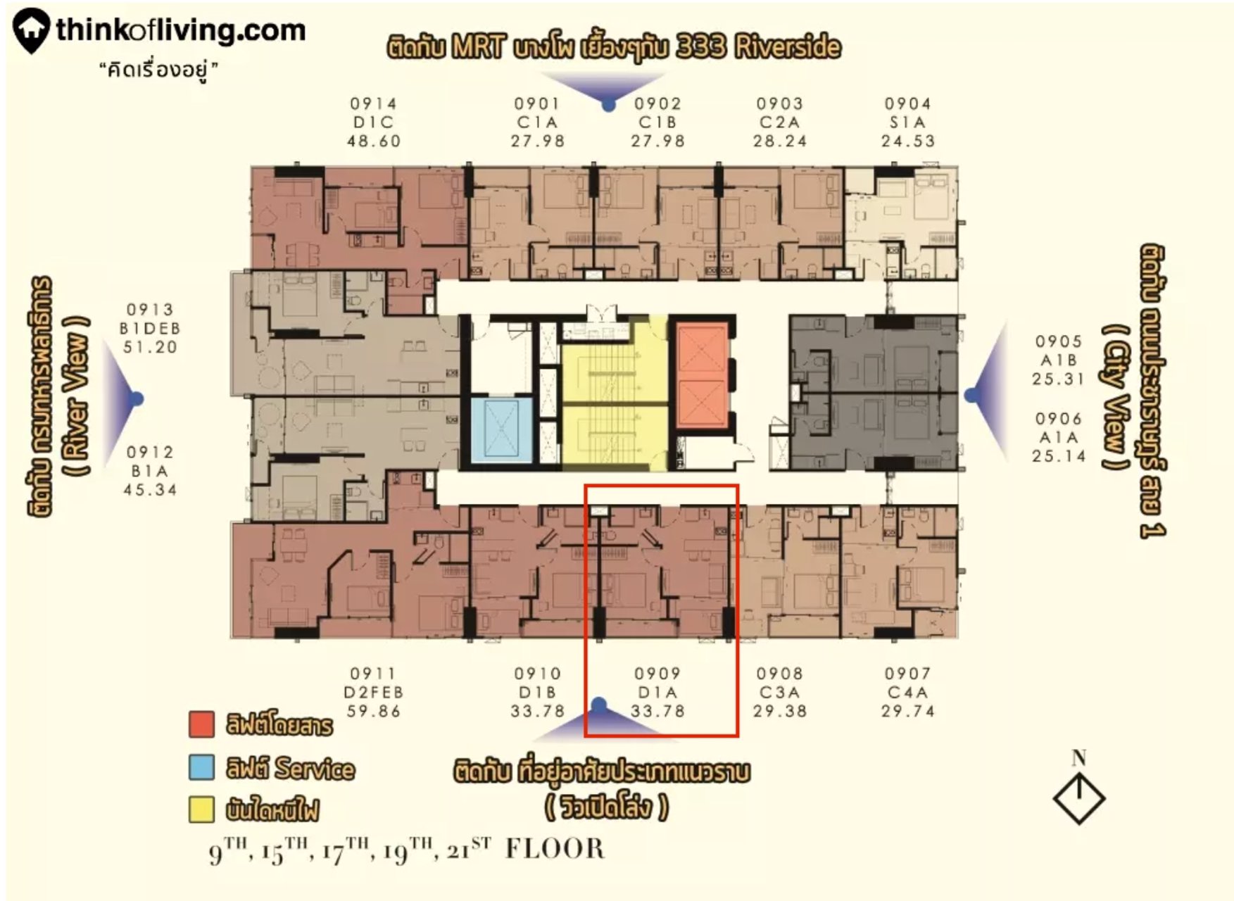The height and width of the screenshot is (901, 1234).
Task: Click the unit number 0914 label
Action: coord(373,104)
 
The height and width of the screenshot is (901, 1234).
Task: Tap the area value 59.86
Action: coord(373,712)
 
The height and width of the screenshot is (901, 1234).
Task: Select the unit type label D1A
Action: coord(657,693)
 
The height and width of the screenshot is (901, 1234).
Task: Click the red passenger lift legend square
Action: coord(201,724)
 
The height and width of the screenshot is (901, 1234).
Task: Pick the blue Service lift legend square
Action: coord(201,767)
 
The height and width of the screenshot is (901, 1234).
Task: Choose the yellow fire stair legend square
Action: coord(201,809)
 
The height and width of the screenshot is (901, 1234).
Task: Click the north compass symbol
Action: coord(1078,798)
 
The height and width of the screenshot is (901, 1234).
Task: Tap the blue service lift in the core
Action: coord(500,430)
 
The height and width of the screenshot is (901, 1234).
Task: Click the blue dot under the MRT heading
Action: coord(609,106)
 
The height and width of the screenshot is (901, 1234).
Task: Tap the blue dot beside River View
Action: coord(137,399)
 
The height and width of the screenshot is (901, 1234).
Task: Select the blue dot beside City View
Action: coord(971,396)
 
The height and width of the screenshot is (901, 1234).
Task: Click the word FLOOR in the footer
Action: coord(555,849)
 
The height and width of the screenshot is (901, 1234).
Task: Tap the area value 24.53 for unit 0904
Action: coord(907,141)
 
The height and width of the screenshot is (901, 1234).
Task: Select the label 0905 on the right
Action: coord(1058,342)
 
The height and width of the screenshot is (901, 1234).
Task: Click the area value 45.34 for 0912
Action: coord(150,490)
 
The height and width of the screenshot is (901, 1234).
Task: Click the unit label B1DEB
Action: coord(150,329)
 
